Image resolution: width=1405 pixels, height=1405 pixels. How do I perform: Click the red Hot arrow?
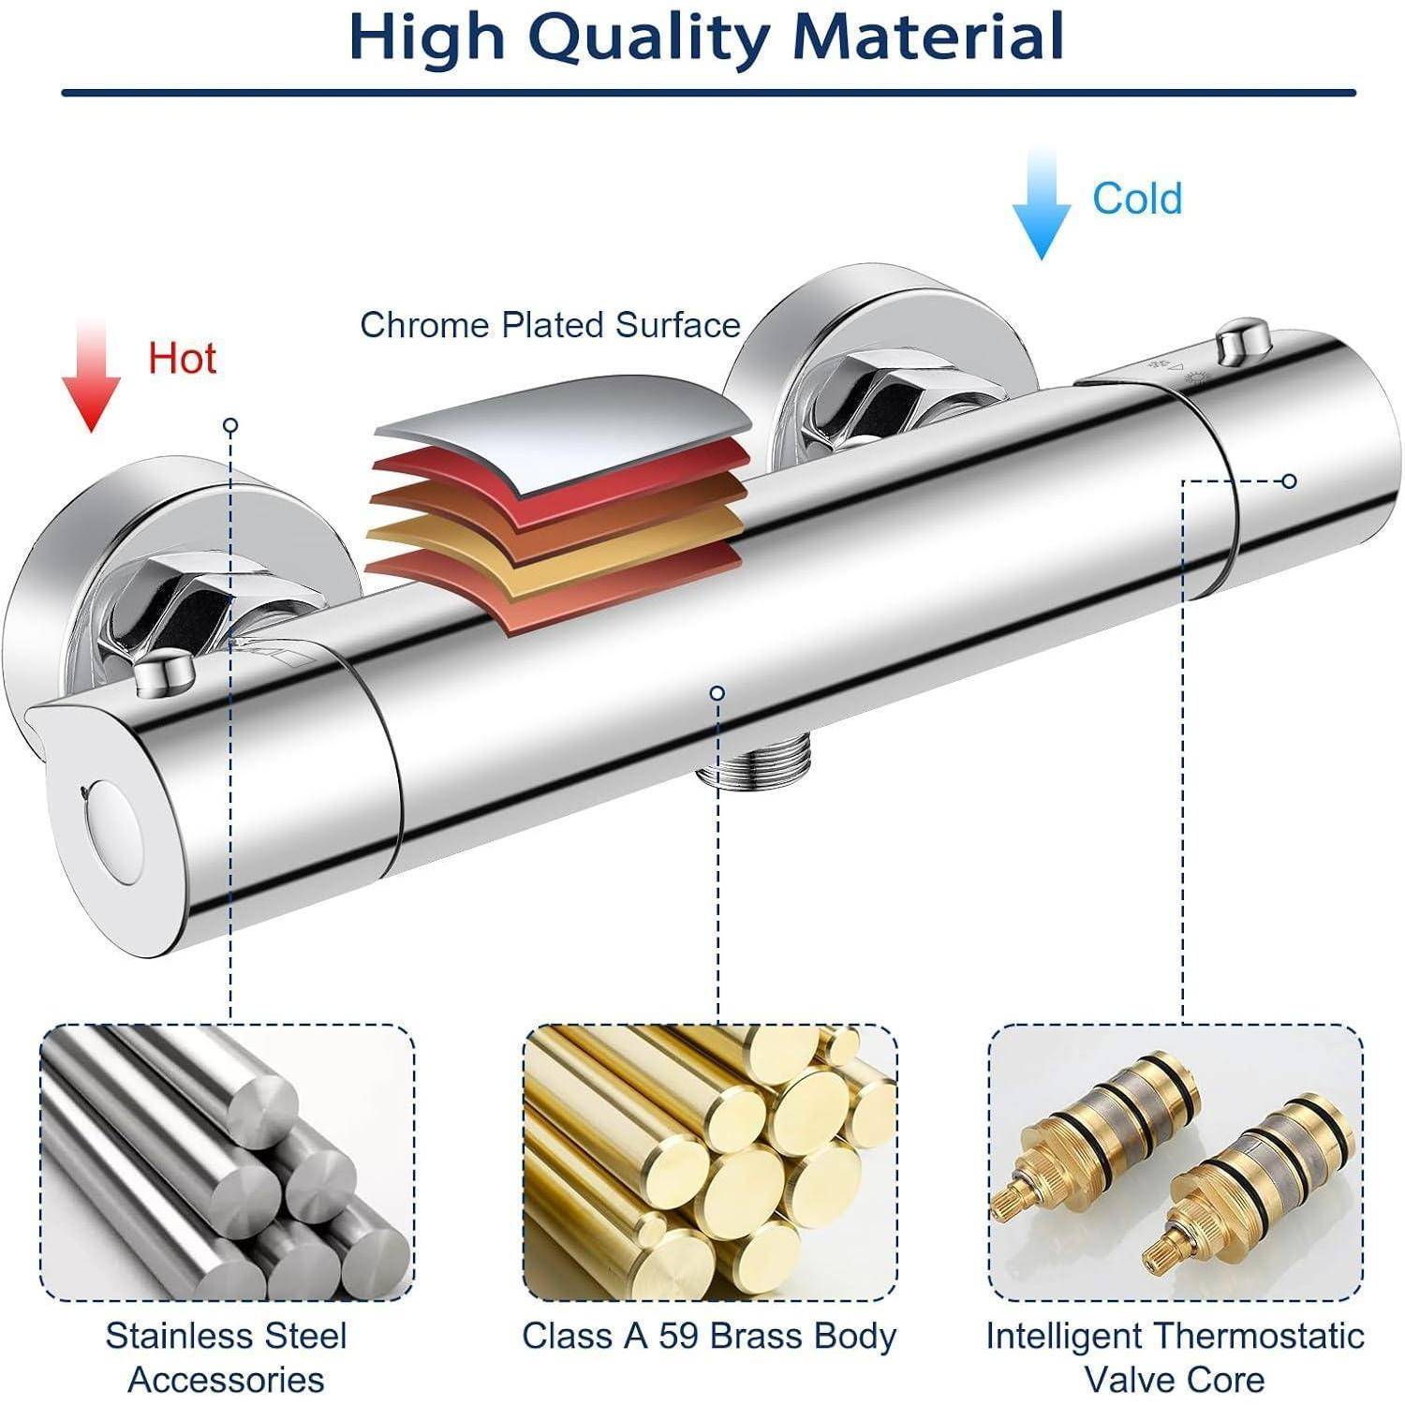(91, 375)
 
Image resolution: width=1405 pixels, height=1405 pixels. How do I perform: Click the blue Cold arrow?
(1041, 203)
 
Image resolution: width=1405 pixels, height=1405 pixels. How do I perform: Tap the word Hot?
(182, 359)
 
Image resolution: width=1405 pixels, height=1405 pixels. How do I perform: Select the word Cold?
(1137, 199)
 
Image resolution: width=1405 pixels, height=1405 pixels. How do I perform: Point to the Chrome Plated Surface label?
(551, 325)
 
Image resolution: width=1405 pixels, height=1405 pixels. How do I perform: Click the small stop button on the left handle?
(164, 673)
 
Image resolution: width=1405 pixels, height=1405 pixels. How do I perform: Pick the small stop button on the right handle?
(1243, 342)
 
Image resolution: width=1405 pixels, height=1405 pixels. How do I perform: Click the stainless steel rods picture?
(228, 1162)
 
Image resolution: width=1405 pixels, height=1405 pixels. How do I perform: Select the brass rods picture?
(709, 1162)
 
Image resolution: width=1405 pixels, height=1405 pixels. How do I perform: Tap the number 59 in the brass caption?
(682, 1336)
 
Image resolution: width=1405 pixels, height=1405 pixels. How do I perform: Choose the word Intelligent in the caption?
(1064, 1337)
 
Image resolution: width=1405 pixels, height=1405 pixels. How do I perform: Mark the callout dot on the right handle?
(1289, 481)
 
